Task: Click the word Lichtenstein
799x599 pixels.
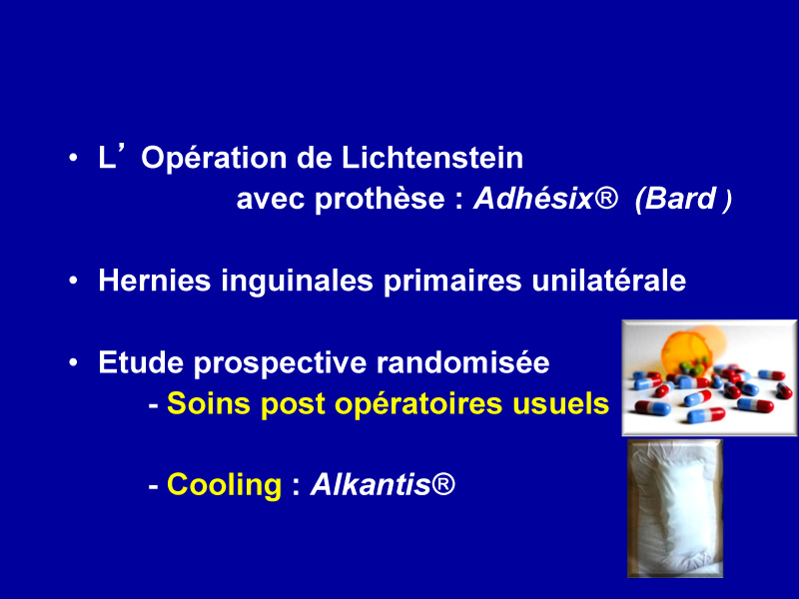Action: click(432, 158)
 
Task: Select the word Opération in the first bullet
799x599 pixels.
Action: click(214, 160)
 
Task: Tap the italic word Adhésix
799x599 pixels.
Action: click(533, 198)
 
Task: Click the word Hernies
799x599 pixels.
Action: click(155, 281)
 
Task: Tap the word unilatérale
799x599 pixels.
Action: click(609, 281)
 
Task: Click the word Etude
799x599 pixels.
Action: click(141, 362)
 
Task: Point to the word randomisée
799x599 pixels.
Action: click(462, 362)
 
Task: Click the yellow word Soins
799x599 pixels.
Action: click(209, 404)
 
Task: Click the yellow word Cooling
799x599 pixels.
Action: click(224, 485)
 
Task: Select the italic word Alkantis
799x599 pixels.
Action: click(372, 484)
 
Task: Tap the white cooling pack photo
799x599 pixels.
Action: click(675, 508)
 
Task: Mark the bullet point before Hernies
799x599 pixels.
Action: click(74, 281)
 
